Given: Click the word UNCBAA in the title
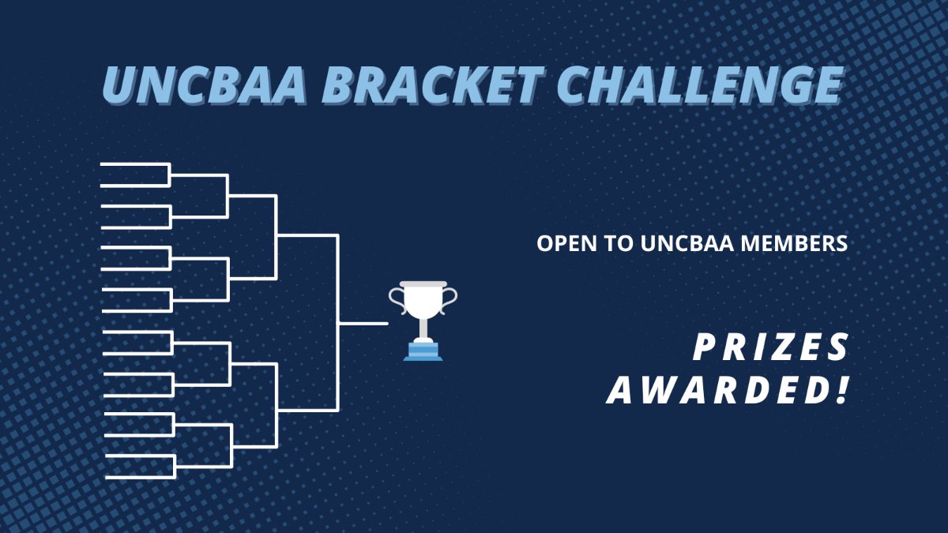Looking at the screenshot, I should pyautogui.click(x=204, y=86).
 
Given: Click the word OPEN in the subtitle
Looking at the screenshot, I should pyautogui.click(x=563, y=244).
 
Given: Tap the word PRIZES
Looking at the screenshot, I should pyautogui.click(x=771, y=347).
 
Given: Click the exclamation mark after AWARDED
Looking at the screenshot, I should pyautogui.click(x=841, y=391).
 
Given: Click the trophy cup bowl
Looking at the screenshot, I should pyautogui.click(x=423, y=300).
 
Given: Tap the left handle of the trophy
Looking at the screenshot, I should pyautogui.click(x=395, y=297).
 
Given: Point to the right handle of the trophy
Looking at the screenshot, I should pyautogui.click(x=450, y=297).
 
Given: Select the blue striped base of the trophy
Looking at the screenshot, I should pyautogui.click(x=423, y=351).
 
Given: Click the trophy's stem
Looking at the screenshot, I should pyautogui.click(x=423, y=327).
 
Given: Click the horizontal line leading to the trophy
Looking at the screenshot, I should pyautogui.click(x=363, y=323).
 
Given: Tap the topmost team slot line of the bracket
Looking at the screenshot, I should pyautogui.click(x=134, y=164).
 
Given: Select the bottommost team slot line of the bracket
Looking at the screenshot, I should pyautogui.click(x=139, y=477).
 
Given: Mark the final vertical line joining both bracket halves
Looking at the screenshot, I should pyautogui.click(x=338, y=323).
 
